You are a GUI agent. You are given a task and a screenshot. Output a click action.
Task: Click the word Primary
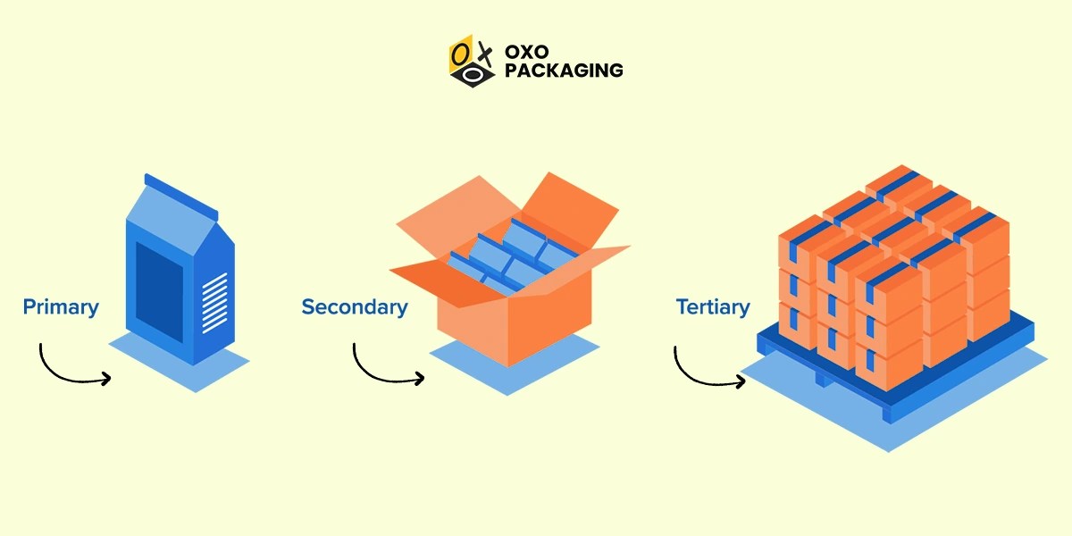click(x=61, y=307)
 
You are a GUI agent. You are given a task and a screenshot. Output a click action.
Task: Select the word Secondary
click(x=354, y=307)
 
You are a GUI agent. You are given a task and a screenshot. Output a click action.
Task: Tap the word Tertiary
click(x=713, y=307)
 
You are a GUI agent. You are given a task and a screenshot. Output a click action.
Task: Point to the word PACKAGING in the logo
click(x=564, y=70)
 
